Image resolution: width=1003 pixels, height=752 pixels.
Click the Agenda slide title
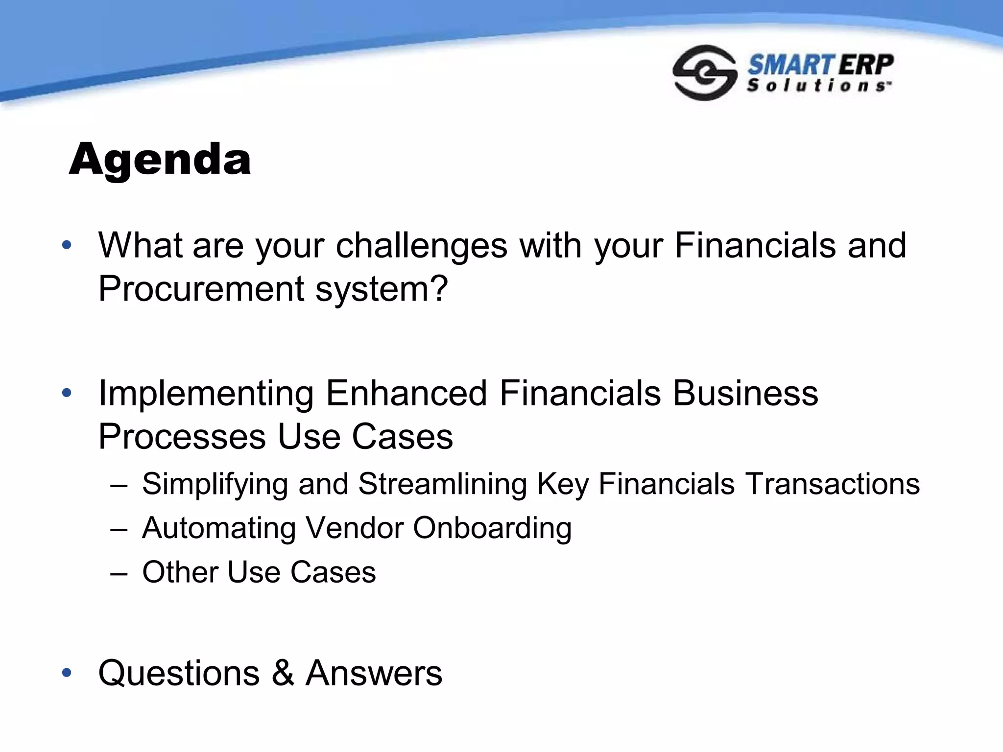160,160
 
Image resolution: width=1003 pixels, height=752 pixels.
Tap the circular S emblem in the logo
704,72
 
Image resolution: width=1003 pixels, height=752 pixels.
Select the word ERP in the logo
866,65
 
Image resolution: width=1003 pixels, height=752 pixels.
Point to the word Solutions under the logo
817,86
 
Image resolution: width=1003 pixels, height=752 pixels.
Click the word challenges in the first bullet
421,246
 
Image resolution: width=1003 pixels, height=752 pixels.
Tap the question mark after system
438,288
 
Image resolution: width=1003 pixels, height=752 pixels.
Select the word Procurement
201,289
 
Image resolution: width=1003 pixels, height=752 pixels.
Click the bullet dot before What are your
67,245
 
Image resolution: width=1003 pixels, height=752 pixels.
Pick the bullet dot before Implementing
67,393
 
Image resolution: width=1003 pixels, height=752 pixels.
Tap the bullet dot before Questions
67,673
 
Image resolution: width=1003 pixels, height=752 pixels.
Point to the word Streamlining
442,484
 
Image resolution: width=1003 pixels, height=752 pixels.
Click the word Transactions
832,484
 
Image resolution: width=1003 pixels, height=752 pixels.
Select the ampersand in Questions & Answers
283,673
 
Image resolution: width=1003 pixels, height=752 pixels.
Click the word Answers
374,673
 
